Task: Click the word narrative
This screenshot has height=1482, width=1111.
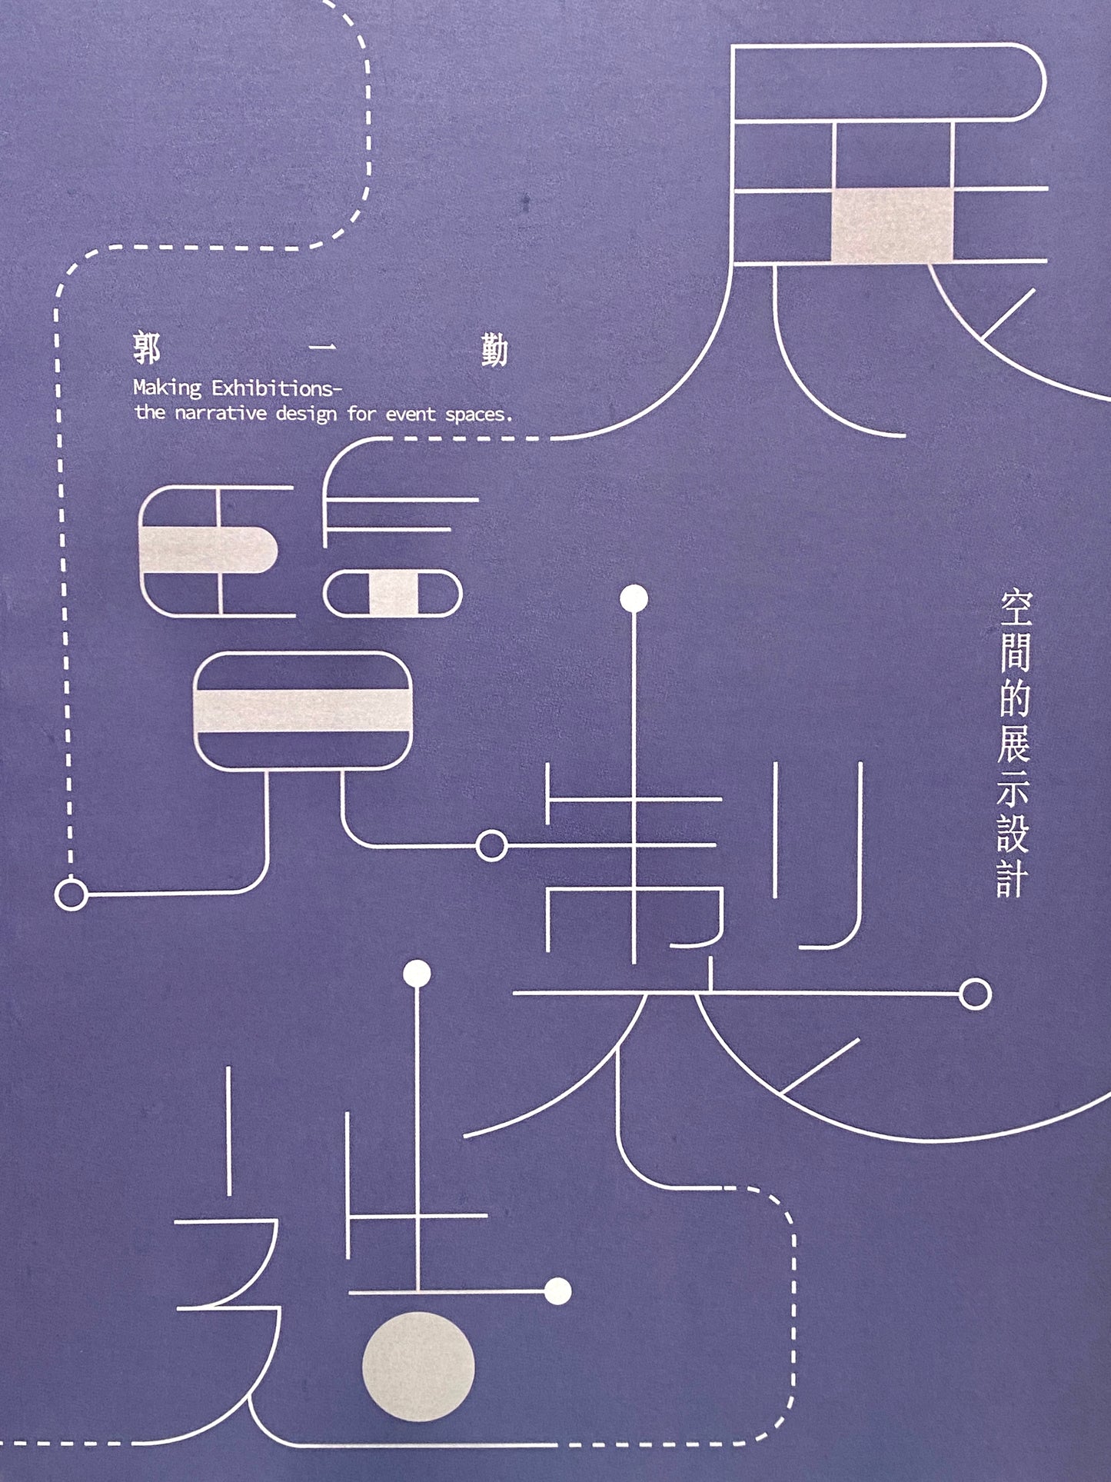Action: pos(221,414)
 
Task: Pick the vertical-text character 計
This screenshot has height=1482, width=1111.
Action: pos(1013,878)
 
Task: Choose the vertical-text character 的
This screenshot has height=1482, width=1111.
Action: pos(1014,698)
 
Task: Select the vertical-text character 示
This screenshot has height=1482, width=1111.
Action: pos(1013,788)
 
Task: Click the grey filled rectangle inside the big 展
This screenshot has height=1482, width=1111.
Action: pos(892,225)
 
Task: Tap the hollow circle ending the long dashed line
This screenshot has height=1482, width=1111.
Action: pos(72,895)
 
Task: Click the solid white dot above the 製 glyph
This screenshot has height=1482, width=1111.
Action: pos(634,598)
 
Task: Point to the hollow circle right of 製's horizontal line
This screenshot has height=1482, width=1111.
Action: pos(976,994)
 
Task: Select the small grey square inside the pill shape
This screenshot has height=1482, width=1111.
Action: pos(393,594)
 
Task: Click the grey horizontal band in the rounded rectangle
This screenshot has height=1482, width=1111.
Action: pos(303,710)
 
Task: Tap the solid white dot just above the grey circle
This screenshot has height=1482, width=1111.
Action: pos(557,1291)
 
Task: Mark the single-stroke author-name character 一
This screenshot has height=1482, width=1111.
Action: pos(321,351)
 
